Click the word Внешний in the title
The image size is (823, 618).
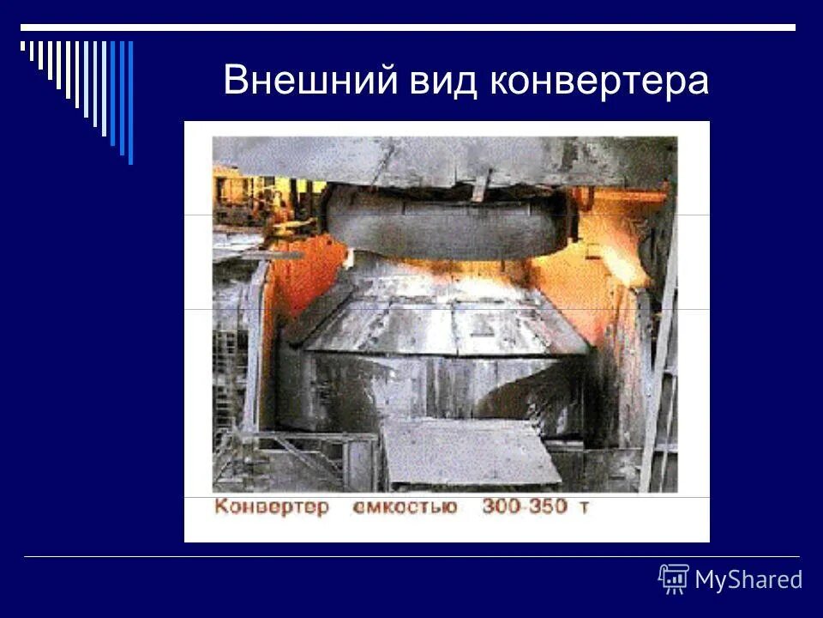tap(311, 82)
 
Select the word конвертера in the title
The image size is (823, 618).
tap(599, 82)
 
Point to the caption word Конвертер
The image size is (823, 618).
tap(272, 506)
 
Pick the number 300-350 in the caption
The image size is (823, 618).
tap(524, 506)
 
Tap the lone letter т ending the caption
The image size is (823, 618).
tap(585, 507)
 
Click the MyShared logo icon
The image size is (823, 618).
tap(673, 579)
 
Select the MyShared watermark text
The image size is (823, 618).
tap(748, 580)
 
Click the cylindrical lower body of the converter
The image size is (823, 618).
tap(429, 391)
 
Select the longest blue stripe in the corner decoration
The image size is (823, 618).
tap(130, 101)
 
